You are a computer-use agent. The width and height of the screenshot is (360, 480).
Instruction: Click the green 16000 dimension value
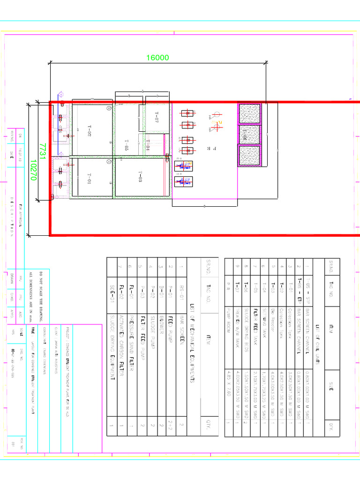pos(157,58)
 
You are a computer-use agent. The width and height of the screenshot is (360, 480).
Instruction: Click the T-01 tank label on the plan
pos(89,179)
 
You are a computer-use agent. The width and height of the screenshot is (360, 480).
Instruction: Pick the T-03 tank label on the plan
pos(140,177)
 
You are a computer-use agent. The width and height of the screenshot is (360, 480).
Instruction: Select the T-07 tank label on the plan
pos(157,118)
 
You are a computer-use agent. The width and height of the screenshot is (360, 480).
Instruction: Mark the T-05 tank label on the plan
pos(126,146)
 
